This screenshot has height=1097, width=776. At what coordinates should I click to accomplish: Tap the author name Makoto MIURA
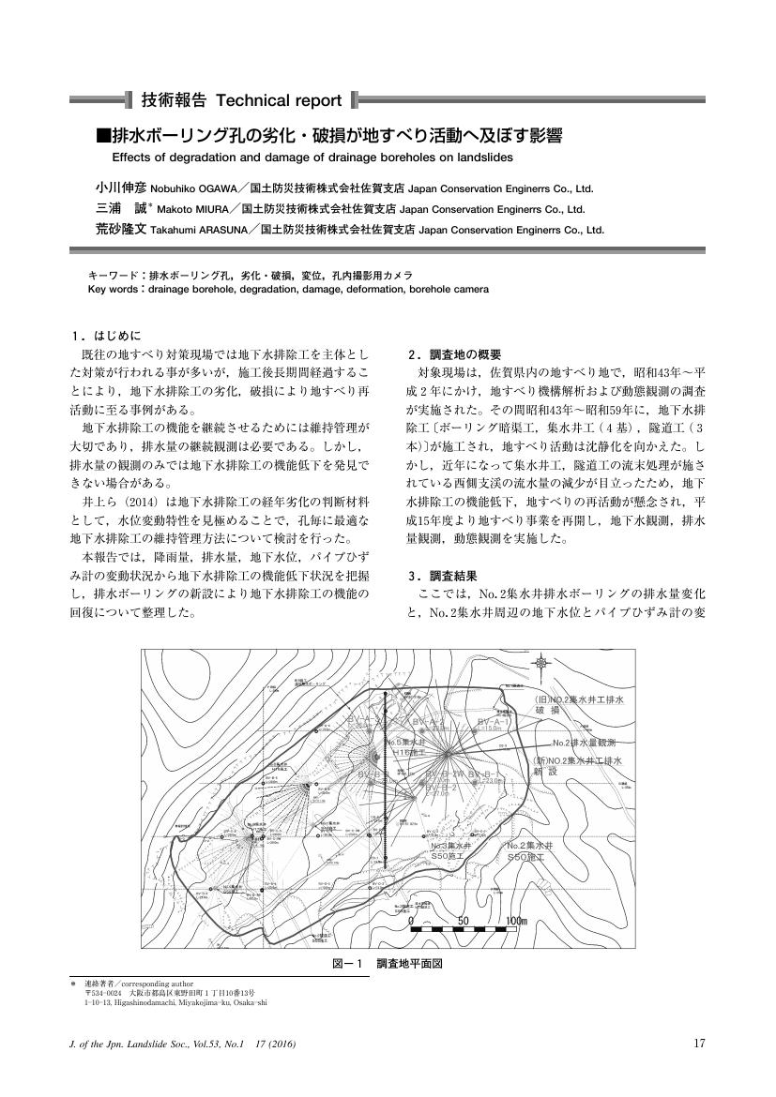191,208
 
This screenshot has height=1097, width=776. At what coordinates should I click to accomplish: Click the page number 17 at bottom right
698,1044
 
